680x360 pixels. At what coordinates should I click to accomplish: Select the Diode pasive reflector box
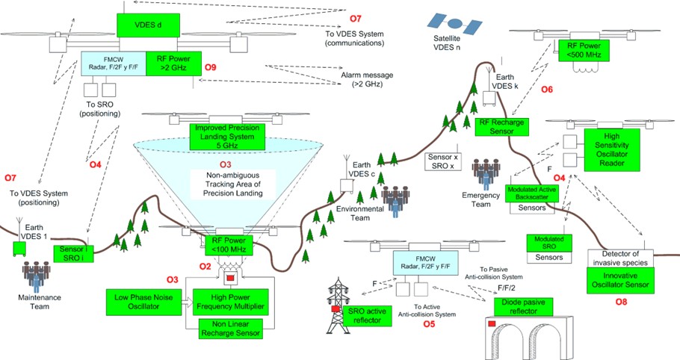click(x=518, y=308)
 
